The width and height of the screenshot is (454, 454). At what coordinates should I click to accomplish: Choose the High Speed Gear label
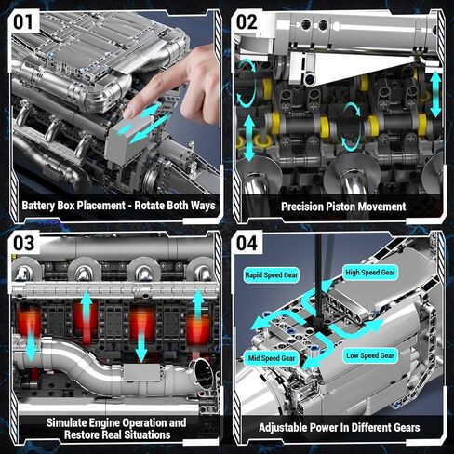pyautogui.click(x=370, y=273)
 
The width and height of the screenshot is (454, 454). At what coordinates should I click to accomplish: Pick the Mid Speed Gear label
pyautogui.click(x=271, y=357)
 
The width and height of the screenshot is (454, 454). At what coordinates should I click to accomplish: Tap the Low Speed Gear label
pyautogui.click(x=370, y=355)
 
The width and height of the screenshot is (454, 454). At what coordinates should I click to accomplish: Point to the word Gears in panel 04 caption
pyautogui.click(x=402, y=427)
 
